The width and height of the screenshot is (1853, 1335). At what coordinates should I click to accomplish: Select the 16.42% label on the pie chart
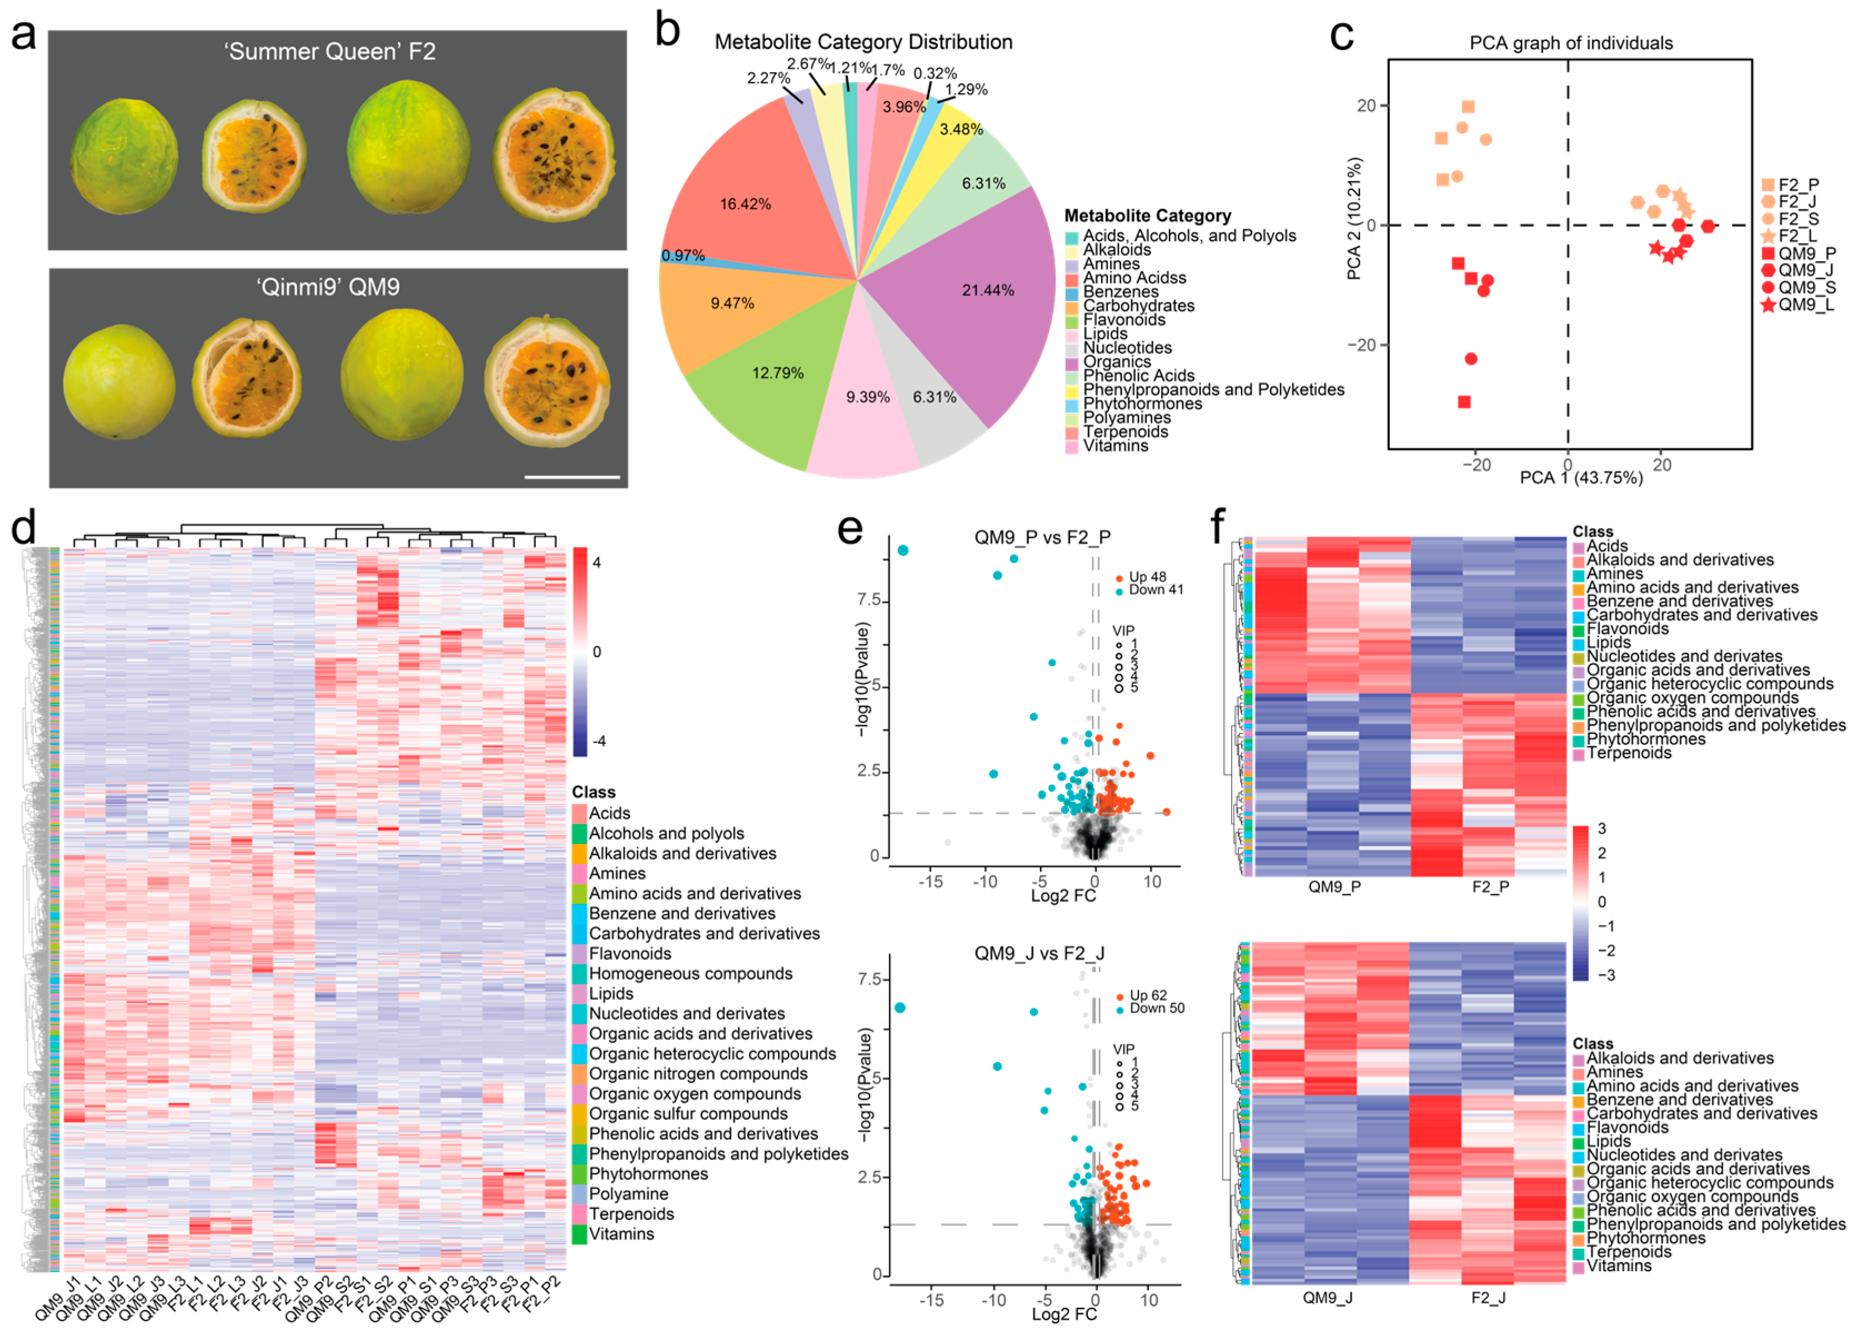point(745,203)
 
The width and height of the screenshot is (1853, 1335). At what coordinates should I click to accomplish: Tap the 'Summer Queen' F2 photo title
point(330,52)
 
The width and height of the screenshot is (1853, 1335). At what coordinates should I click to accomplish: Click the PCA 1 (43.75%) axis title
point(1580,477)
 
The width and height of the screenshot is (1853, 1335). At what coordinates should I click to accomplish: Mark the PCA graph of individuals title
point(1570,43)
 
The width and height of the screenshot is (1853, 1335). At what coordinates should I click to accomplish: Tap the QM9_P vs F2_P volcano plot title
point(1042,537)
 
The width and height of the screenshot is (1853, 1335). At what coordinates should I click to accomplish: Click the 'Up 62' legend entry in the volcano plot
point(1147,995)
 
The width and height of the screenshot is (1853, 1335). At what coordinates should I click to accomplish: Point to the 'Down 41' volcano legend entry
point(1154,589)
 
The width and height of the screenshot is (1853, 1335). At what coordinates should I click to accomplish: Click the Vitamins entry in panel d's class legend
point(621,1234)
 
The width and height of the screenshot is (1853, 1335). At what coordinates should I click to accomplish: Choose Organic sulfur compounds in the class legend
point(688,1113)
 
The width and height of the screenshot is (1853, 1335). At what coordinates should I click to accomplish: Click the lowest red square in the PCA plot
point(1464,402)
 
